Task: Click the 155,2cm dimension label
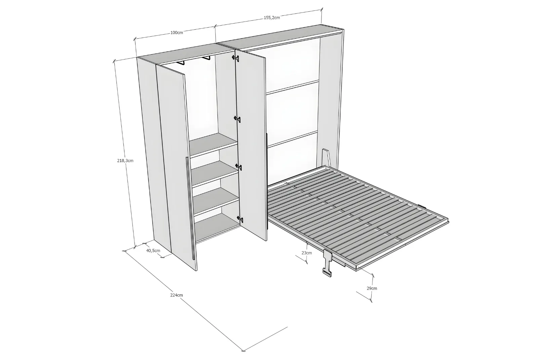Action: click(272, 17)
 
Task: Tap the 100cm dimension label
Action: click(177, 33)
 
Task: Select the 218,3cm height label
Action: click(125, 160)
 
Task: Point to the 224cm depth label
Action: click(177, 295)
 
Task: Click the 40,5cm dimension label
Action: click(153, 251)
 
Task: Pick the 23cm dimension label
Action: click(307, 253)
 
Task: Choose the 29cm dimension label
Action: click(372, 288)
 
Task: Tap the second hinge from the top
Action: click(237, 119)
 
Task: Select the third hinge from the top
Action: click(239, 167)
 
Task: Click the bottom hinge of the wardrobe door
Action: click(240, 219)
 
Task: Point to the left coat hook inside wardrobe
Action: click(180, 63)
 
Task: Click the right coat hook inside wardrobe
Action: click(206, 58)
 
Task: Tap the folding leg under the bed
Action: click(328, 263)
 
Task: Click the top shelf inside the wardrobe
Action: click(213, 145)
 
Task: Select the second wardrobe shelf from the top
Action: click(215, 173)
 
